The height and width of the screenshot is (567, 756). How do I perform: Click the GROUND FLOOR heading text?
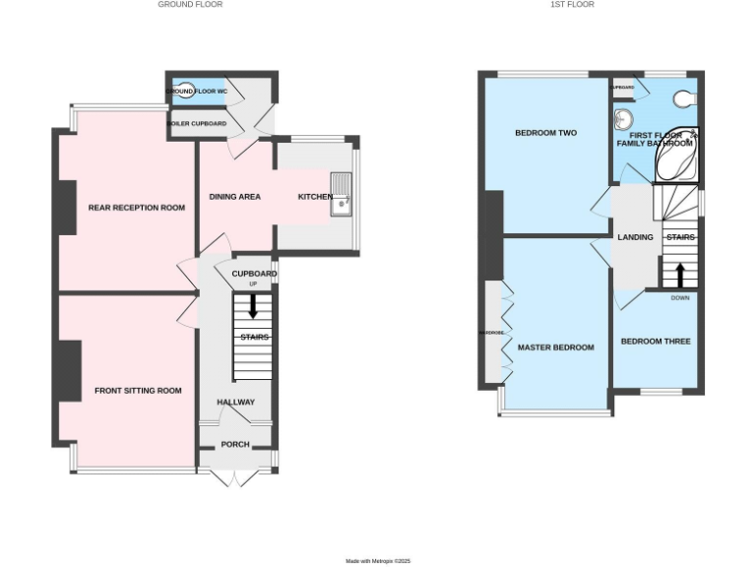pyautogui.click(x=190, y=4)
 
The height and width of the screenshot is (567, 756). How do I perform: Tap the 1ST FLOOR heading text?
pyautogui.click(x=572, y=4)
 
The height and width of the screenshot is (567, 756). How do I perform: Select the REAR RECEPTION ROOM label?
pyautogui.click(x=137, y=208)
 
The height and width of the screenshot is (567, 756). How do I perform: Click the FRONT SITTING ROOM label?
pyautogui.click(x=138, y=391)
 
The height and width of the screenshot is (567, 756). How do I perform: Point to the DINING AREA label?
pyautogui.click(x=234, y=197)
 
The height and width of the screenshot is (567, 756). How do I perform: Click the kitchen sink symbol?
pyautogui.click(x=341, y=194)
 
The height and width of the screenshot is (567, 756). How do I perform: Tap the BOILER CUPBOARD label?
pyautogui.click(x=198, y=124)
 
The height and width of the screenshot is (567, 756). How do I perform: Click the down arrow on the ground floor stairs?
pyautogui.click(x=253, y=306)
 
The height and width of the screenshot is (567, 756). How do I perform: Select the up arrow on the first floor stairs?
pyautogui.click(x=680, y=275)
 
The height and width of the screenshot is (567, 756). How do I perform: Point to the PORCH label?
pyautogui.click(x=235, y=444)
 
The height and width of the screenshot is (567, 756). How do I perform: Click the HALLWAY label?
pyautogui.click(x=235, y=402)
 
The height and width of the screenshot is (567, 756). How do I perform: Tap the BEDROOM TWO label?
pyautogui.click(x=545, y=133)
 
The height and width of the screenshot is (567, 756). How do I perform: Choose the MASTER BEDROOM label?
pyautogui.click(x=556, y=347)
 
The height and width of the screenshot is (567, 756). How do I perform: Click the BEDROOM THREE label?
pyautogui.click(x=655, y=342)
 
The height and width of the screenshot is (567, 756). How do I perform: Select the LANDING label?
pyautogui.click(x=635, y=237)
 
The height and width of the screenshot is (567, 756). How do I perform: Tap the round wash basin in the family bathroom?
pyautogui.click(x=622, y=120)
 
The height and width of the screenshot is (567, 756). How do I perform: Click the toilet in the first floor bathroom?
pyautogui.click(x=687, y=98)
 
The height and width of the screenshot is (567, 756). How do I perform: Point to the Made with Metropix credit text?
pyautogui.click(x=377, y=561)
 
